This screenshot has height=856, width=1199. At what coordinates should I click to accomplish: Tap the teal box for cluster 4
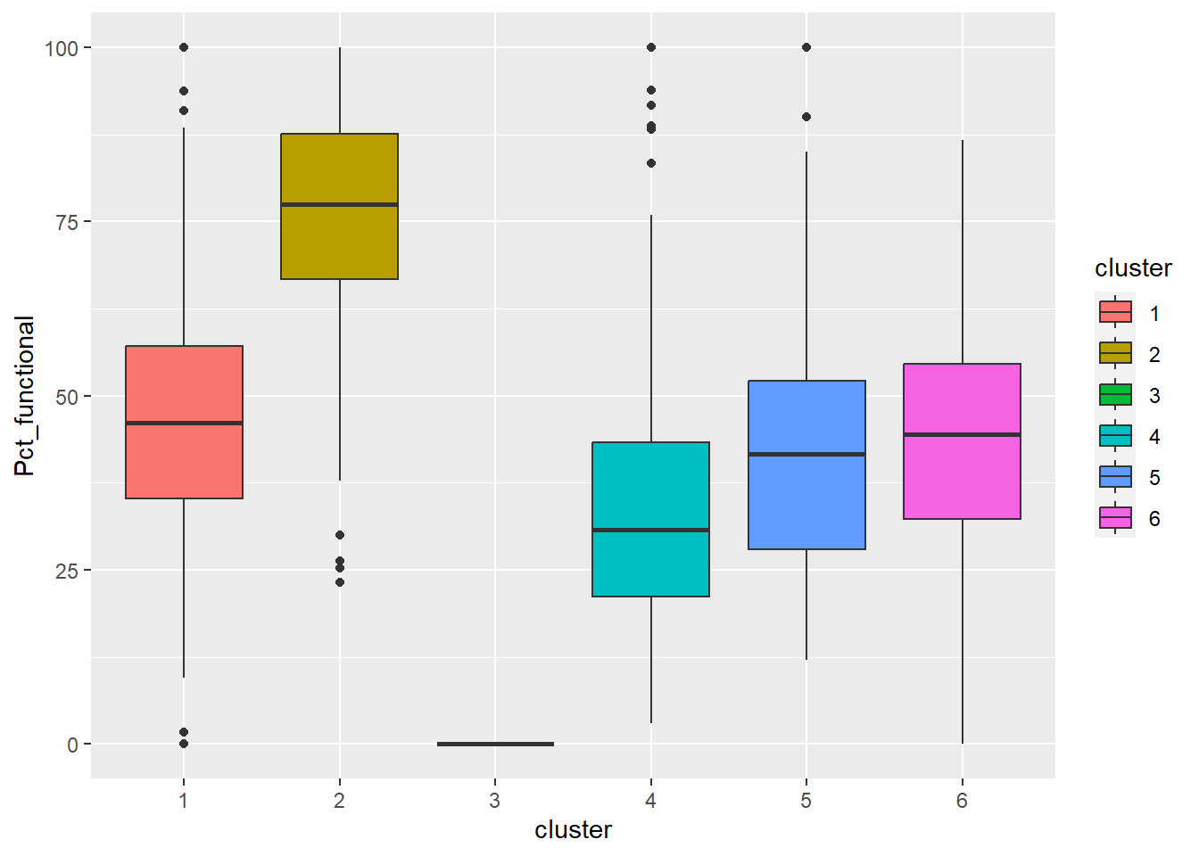point(650,562)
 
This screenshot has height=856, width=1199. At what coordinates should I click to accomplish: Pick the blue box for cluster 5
point(806,499)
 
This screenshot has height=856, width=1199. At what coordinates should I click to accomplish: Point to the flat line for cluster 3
point(495,744)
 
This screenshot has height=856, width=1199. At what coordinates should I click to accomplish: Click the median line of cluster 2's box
point(339,204)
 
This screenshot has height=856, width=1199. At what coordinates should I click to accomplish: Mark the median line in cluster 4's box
point(650,530)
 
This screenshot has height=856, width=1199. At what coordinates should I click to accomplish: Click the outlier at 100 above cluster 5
point(806,47)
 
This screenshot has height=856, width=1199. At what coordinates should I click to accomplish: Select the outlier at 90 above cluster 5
point(806,117)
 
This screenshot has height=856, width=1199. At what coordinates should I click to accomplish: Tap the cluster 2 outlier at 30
point(340,535)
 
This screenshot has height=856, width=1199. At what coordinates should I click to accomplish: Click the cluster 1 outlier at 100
point(184,47)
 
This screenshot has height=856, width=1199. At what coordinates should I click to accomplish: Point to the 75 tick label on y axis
point(67,222)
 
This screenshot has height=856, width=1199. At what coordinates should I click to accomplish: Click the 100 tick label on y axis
point(62,48)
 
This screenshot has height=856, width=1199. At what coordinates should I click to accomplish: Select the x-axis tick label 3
point(495,801)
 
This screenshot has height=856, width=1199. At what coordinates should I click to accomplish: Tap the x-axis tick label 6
point(962,801)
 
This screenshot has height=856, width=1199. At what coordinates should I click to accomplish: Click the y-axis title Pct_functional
point(25,396)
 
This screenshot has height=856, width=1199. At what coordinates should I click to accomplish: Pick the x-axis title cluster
point(573,830)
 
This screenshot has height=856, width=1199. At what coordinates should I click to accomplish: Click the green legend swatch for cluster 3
point(1115,394)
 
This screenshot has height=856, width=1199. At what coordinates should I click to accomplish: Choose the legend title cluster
point(1133,268)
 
